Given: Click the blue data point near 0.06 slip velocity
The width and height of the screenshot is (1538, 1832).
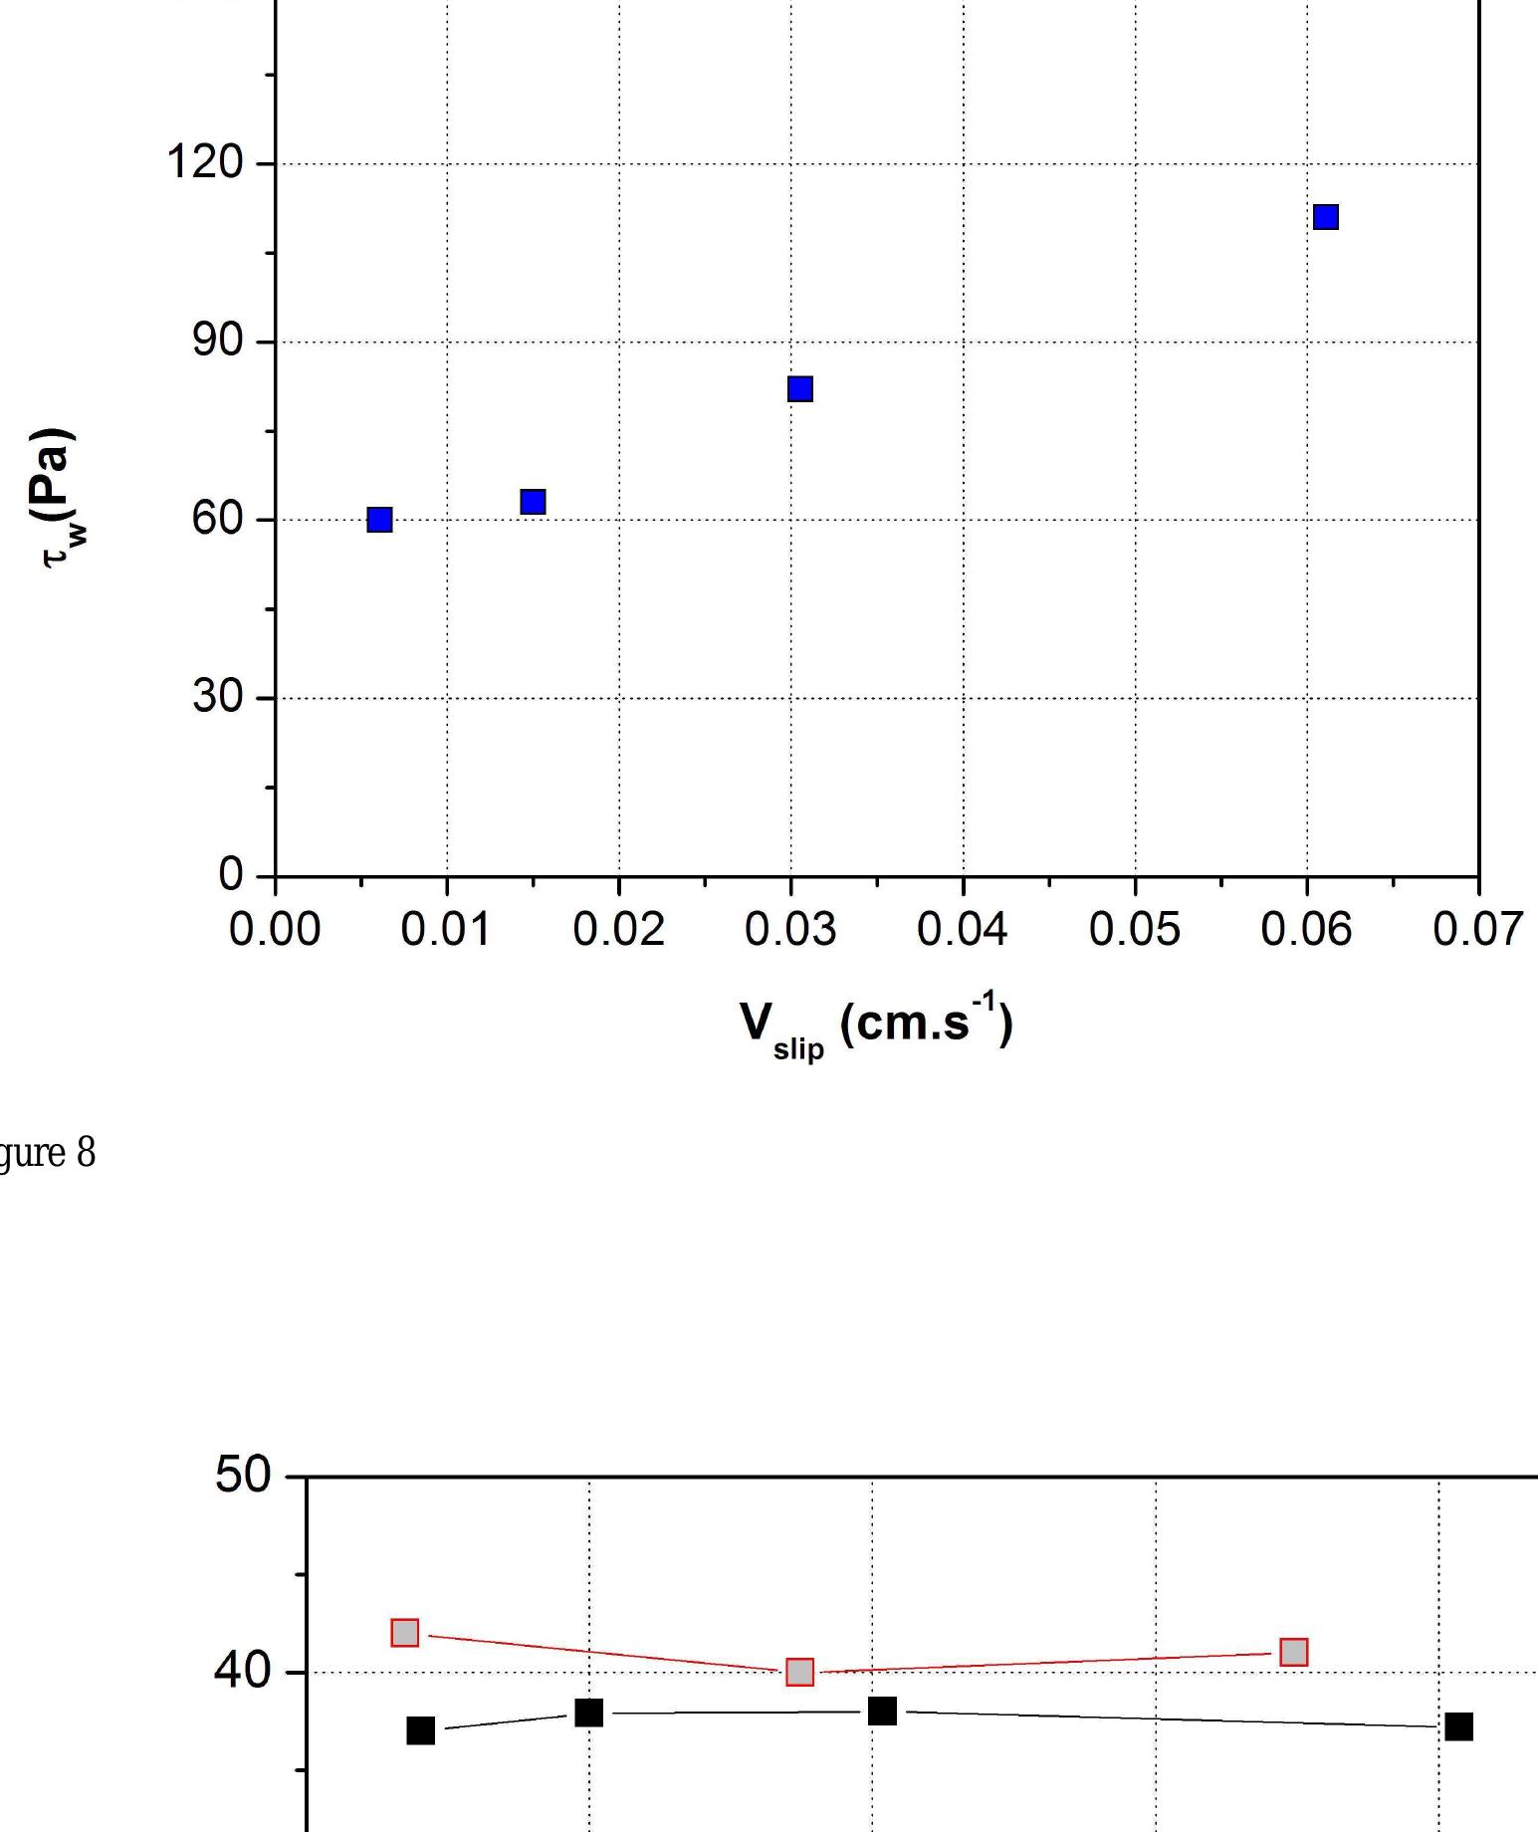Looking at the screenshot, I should pyautogui.click(x=1325, y=217).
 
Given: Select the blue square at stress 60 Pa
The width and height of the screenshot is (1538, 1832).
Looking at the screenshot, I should pyautogui.click(x=379, y=520).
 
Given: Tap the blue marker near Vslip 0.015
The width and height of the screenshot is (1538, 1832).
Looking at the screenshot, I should pyautogui.click(x=533, y=502).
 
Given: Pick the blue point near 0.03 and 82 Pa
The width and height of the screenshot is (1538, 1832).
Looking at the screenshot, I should pyautogui.click(x=799, y=389).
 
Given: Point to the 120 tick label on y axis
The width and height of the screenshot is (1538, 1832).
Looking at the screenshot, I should pyautogui.click(x=205, y=162).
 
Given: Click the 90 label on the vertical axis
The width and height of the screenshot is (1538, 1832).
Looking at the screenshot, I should pyautogui.click(x=218, y=341).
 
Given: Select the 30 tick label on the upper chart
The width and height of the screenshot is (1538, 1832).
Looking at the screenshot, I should pyautogui.click(x=218, y=697).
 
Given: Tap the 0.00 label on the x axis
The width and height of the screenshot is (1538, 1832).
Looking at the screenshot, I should pyautogui.click(x=275, y=930).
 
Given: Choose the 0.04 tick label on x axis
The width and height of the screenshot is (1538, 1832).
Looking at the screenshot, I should pyautogui.click(x=962, y=930).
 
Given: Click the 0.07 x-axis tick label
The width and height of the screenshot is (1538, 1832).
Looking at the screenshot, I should pyautogui.click(x=1477, y=930).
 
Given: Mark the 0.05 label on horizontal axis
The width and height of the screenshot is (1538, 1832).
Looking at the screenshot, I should pyautogui.click(x=1134, y=930).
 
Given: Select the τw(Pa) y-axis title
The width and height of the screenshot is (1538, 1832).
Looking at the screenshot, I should pyautogui.click(x=60, y=498).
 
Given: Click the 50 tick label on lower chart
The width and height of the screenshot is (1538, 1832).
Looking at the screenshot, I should pyautogui.click(x=243, y=1476).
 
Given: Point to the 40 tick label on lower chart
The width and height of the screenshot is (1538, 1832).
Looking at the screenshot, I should pyautogui.click(x=243, y=1671).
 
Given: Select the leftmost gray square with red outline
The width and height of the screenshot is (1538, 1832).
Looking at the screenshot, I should pyautogui.click(x=405, y=1633).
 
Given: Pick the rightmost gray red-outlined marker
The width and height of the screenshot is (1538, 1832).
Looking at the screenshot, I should pyautogui.click(x=1293, y=1653).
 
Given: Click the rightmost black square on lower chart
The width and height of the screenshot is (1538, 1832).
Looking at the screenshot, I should pyautogui.click(x=1458, y=1726).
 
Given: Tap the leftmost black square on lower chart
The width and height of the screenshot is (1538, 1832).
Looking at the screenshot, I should pyautogui.click(x=421, y=1730).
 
